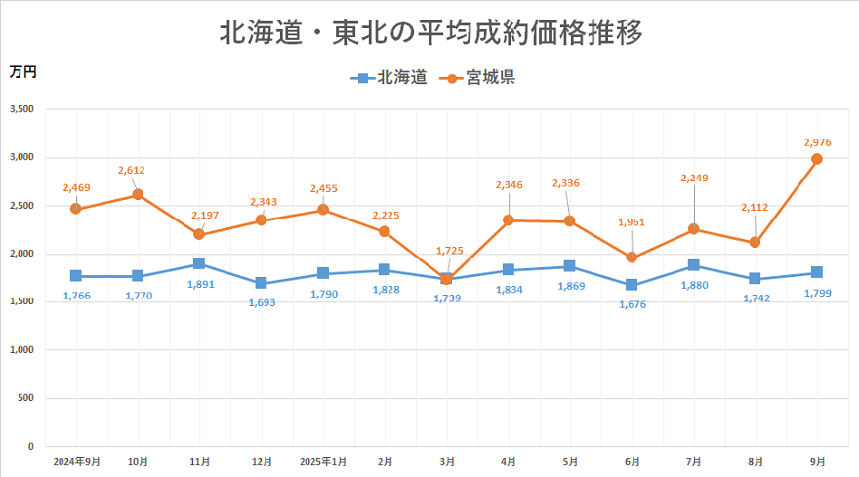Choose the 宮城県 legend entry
click(477, 78)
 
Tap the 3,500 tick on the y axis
click(20, 109)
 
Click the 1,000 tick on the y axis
click(20, 350)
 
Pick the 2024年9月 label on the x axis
click(76, 459)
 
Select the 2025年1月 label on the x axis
click(323, 459)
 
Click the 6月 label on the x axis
click(632, 459)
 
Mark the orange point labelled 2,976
click(817, 159)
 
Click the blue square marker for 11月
click(199, 263)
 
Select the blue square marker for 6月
click(632, 285)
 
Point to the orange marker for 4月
click(509, 220)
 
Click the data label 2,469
click(76, 187)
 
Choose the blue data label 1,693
click(262, 303)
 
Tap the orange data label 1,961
click(632, 222)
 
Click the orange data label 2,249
click(693, 178)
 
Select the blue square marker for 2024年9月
click(76, 276)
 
